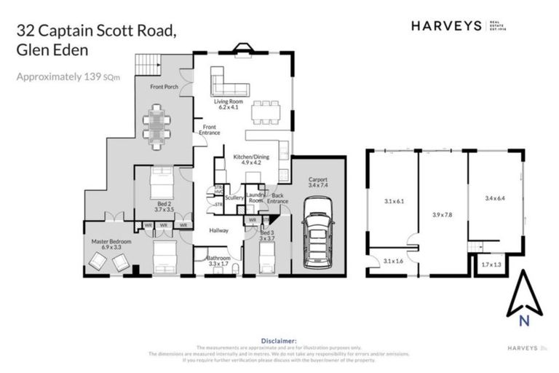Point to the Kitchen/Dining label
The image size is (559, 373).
(250, 159)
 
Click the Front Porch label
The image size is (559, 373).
(164, 87)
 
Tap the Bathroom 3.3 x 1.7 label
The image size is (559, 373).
(218, 260)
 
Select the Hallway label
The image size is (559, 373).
(219, 231)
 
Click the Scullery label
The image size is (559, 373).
(234, 197)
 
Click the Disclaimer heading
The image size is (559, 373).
(279, 340)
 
